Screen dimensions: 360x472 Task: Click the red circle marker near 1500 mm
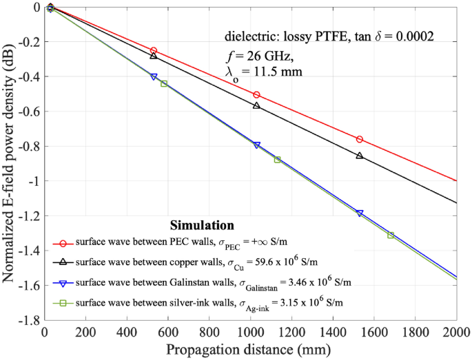[360, 140]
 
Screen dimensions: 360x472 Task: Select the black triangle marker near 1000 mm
[256, 105]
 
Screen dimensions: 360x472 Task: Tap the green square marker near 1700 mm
[391, 235]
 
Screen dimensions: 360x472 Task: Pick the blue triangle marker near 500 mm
[154, 76]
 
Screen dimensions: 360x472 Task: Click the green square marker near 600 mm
[164, 83]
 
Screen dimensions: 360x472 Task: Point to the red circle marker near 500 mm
[154, 51]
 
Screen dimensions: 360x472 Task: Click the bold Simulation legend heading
[201, 226]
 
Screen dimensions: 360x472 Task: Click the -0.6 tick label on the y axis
[28, 112]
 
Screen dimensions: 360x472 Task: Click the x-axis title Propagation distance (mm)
[249, 349]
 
